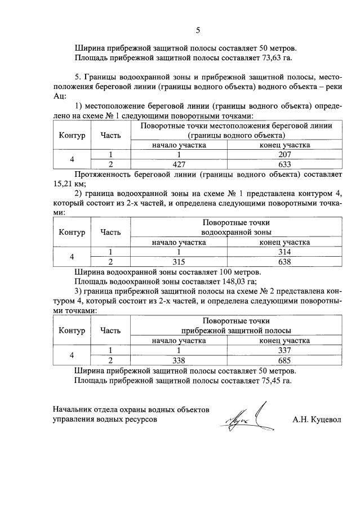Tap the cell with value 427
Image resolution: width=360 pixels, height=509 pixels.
[178, 164]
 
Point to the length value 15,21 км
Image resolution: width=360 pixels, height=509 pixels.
[66, 183]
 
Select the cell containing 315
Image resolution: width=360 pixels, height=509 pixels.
[178, 262]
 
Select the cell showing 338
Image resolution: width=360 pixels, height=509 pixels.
[178, 360]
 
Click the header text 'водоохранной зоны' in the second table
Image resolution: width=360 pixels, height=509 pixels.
[236, 232]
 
